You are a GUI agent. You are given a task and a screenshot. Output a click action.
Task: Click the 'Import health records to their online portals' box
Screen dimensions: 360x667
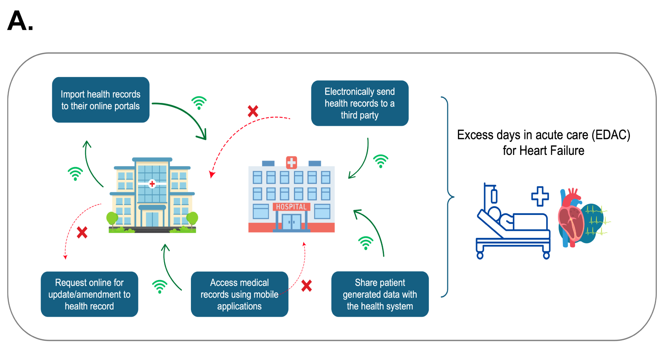click(x=100, y=100)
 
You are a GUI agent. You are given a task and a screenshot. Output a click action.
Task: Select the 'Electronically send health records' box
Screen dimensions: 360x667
click(x=360, y=103)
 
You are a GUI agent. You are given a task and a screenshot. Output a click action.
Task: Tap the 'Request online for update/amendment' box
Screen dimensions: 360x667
click(x=89, y=294)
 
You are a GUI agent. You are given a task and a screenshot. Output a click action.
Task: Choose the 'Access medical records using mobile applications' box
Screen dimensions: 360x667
click(x=239, y=294)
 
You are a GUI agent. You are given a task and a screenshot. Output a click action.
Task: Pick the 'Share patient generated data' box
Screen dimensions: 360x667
click(x=380, y=294)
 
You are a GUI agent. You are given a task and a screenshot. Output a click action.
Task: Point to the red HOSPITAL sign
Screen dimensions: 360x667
click(x=291, y=207)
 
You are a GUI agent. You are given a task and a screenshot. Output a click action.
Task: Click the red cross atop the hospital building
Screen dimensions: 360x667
click(x=291, y=162)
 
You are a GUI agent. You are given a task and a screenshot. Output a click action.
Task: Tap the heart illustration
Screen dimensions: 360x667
click(x=572, y=218)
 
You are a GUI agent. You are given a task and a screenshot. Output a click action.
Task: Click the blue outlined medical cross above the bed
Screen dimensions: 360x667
click(x=540, y=196)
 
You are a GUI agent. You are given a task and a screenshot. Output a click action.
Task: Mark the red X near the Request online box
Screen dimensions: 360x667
click(x=82, y=232)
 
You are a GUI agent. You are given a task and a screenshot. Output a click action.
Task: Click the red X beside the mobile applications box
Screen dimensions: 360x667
click(x=307, y=286)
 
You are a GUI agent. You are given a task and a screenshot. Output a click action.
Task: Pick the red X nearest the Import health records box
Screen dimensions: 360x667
click(x=253, y=111)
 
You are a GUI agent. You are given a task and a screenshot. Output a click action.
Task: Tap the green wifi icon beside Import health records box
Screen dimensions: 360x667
click(x=199, y=103)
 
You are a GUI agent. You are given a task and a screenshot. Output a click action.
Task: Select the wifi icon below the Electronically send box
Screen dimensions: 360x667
click(x=381, y=161)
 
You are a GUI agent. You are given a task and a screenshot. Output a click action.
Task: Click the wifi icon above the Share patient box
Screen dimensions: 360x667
click(x=366, y=243)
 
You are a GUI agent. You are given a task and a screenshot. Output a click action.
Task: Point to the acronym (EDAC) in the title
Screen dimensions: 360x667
click(x=611, y=135)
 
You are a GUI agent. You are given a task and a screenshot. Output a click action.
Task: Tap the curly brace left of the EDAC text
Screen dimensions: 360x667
click(x=448, y=197)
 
